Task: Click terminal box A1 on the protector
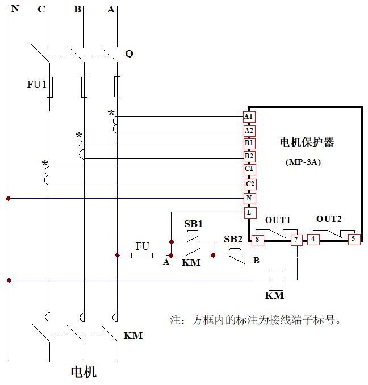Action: (248, 116)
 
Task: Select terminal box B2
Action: (249, 156)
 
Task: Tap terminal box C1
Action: (249, 169)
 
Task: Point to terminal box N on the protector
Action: (248, 199)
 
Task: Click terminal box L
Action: (248, 212)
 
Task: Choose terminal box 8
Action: (257, 240)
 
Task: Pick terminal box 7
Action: (296, 240)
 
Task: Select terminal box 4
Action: (313, 240)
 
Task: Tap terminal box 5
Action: (353, 239)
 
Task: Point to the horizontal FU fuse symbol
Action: (141, 256)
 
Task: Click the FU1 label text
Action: (36, 85)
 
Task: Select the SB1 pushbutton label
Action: (193, 224)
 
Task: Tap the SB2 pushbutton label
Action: (233, 239)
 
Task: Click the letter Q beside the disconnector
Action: (129, 54)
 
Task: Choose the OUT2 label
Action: (329, 219)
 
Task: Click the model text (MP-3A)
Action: (303, 162)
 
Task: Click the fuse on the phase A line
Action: (117, 86)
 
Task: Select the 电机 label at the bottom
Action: (83, 372)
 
